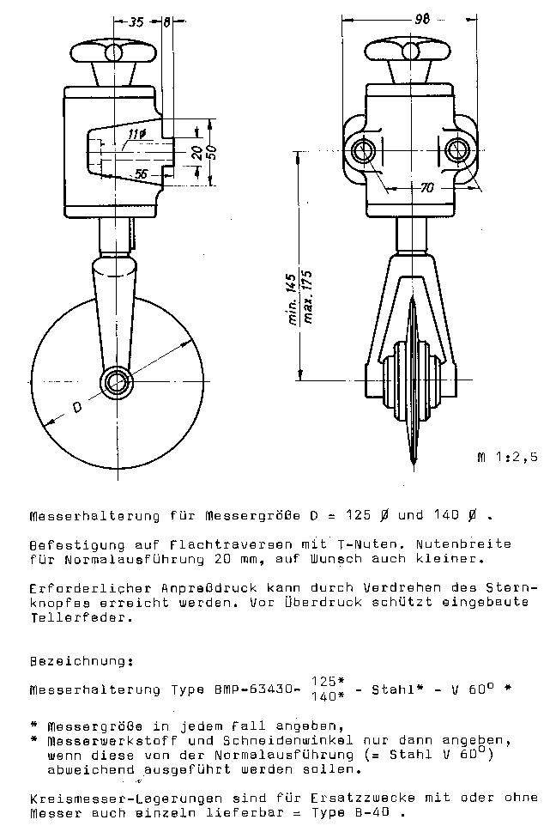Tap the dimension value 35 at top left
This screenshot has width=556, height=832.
pyautogui.click(x=136, y=23)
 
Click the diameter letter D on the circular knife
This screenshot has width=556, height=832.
pyautogui.click(x=77, y=407)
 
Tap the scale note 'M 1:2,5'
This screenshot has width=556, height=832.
pyautogui.click(x=506, y=457)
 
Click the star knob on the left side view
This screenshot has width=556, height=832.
pyautogui.click(x=114, y=53)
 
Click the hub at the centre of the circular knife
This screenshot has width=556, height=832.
pyautogui.click(x=114, y=380)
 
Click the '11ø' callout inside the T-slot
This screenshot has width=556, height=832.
pyautogui.click(x=136, y=134)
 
